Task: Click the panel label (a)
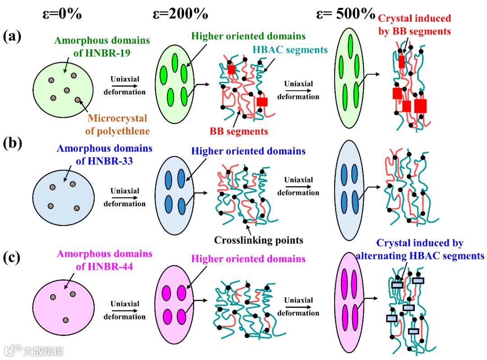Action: pos(12,36)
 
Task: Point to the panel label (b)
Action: pos(12,143)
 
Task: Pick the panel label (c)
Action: pos(12,258)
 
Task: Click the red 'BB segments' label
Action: pos(239,132)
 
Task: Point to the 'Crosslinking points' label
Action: pos(259,240)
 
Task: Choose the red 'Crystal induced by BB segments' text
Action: pos(414,25)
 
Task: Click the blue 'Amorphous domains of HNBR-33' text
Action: pos(105,154)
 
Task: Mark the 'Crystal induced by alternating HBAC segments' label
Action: pos(419,249)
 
